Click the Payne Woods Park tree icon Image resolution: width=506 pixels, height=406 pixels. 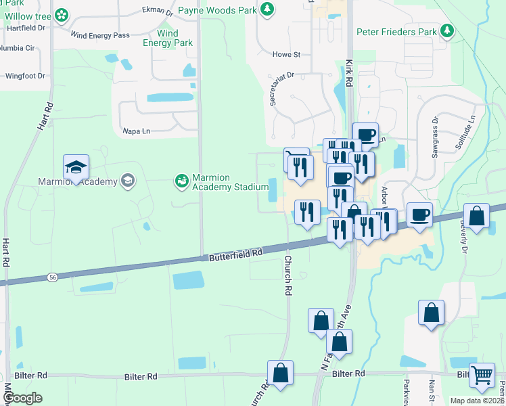pyautogui.click(x=268, y=9)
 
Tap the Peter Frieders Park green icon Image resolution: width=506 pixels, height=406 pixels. pyautogui.click(x=446, y=30)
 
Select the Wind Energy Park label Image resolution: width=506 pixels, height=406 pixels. pyautogui.click(x=168, y=38)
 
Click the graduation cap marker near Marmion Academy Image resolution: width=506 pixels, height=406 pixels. pyautogui.click(x=76, y=167)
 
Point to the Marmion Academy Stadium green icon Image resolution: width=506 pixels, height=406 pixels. pyautogui.click(x=181, y=180)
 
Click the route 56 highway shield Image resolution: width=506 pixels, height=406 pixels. pyautogui.click(x=52, y=277)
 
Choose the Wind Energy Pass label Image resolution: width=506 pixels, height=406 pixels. pyautogui.click(x=100, y=35)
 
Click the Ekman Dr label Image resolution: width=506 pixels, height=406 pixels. pyautogui.click(x=158, y=10)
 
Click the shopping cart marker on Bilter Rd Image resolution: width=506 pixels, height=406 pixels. pyautogui.click(x=482, y=375)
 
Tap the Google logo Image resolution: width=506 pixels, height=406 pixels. pyautogui.click(x=22, y=399)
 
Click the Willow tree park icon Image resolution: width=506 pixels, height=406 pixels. pyautogui.click(x=62, y=14)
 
